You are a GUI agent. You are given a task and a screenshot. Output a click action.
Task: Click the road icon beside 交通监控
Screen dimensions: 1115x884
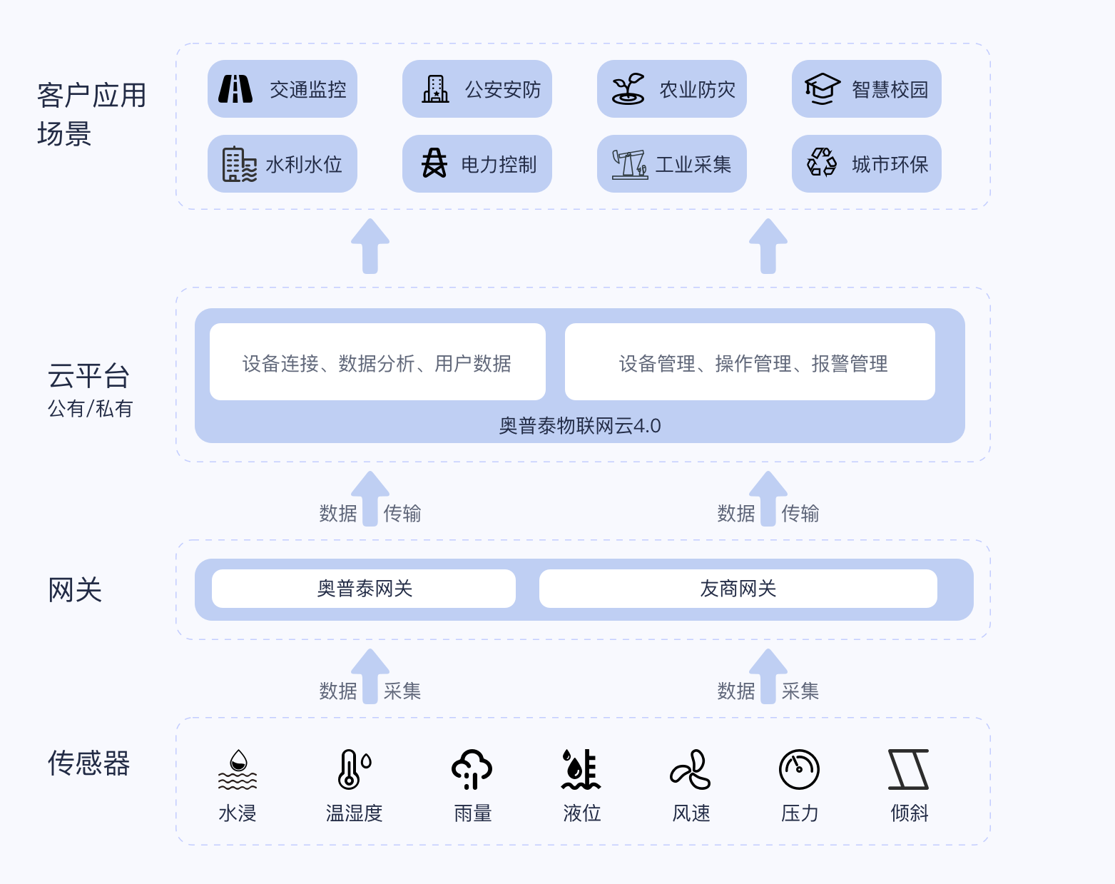(235, 89)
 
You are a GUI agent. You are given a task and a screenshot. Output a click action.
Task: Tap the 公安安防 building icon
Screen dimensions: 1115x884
(435, 89)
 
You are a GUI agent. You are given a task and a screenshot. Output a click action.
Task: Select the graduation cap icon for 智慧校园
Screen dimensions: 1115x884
(823, 88)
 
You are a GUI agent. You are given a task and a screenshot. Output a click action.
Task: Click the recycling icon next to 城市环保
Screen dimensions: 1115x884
(822, 163)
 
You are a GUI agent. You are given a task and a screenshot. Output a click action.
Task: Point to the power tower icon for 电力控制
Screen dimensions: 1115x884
(434, 163)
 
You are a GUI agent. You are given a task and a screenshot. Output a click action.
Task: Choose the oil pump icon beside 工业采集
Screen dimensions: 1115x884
(629, 164)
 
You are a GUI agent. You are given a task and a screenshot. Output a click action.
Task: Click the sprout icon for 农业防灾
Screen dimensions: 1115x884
(628, 88)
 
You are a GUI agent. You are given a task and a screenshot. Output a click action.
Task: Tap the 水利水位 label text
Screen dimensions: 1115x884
(304, 165)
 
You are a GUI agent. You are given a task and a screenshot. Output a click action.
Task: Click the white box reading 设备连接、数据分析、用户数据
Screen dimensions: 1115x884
(377, 362)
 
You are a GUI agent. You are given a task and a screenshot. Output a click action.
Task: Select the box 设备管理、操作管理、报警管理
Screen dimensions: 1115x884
(750, 362)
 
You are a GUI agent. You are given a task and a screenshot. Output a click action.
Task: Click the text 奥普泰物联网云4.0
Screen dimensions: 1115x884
(580, 426)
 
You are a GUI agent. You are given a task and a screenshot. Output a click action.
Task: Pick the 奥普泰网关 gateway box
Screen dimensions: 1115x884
(364, 589)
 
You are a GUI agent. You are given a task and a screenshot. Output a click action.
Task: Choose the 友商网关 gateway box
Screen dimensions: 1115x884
(738, 589)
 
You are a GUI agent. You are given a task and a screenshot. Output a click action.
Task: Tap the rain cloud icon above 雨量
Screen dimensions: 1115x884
(472, 769)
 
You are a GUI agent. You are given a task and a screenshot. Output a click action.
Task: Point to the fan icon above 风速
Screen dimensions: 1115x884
(690, 769)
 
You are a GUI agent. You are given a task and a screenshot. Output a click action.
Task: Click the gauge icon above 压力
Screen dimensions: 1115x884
(799, 769)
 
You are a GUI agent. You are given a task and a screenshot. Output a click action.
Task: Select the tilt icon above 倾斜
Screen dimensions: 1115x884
(908, 769)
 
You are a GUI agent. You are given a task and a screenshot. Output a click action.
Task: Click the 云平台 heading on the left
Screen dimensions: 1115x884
(88, 376)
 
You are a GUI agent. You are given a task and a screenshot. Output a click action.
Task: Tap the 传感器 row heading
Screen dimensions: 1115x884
(88, 763)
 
